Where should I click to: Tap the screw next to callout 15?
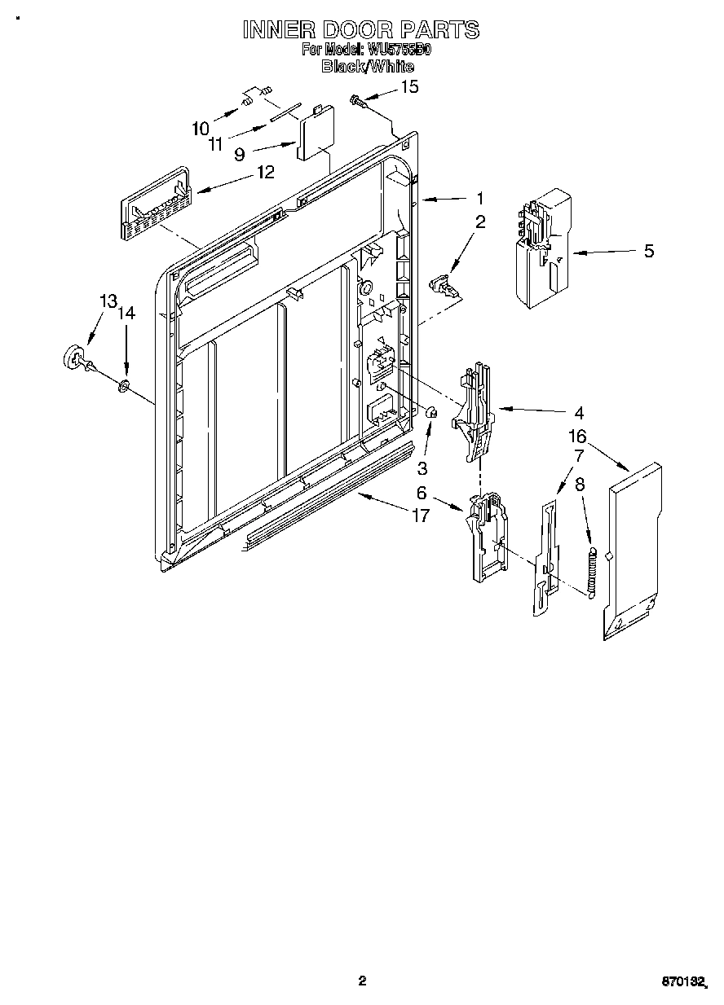[358, 100]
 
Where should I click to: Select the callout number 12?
[265, 172]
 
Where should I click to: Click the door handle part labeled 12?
[155, 207]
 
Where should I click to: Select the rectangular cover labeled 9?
[313, 130]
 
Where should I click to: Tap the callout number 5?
[648, 251]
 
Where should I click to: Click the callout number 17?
[421, 516]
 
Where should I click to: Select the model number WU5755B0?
[400, 50]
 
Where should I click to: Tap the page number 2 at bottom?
[363, 981]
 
